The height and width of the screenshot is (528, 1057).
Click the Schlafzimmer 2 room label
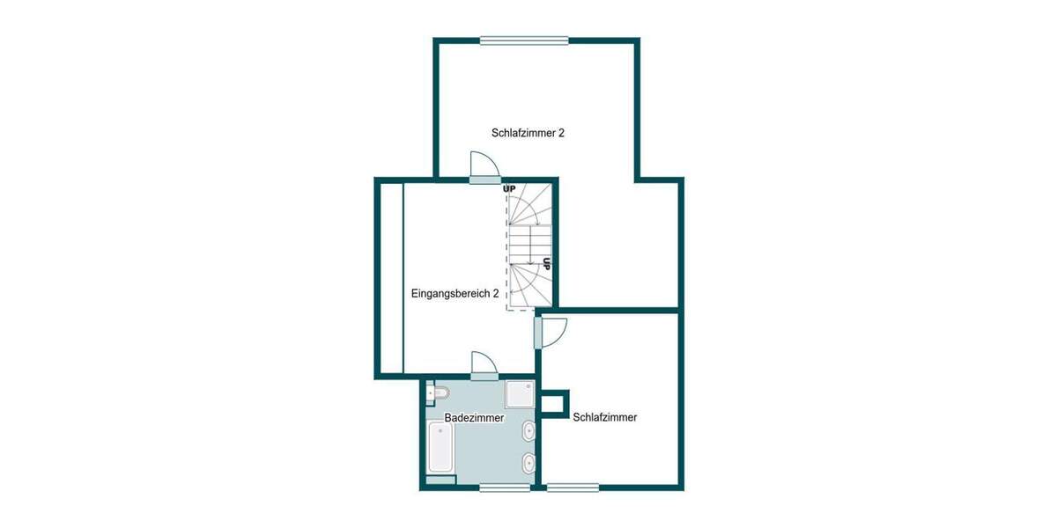528,133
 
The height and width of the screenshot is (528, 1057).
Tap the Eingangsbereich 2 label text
455,294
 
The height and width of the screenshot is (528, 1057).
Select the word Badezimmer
474,418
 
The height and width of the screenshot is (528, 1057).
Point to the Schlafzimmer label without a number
604,417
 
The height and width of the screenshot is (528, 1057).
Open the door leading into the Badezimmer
484,365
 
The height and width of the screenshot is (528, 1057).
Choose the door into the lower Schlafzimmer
550,333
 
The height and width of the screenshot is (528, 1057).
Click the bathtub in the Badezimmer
440,448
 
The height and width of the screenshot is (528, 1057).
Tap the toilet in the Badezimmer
438,392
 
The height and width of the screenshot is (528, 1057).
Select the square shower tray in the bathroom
521,393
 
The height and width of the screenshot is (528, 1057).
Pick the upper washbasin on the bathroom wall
528,431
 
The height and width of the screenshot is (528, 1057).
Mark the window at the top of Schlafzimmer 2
524,40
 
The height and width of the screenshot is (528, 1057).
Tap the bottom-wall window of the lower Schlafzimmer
573,486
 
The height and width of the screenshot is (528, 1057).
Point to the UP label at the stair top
509,188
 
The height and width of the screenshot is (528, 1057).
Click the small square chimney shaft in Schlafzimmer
555,403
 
